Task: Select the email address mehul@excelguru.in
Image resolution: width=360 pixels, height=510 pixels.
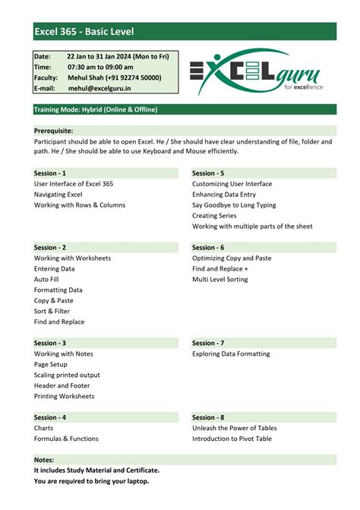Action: coord(100,88)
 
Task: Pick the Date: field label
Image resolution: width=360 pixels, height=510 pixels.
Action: coord(43,56)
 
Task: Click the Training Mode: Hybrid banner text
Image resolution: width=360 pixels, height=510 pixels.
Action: coord(96,110)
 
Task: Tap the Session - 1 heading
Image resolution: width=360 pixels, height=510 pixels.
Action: coord(50,173)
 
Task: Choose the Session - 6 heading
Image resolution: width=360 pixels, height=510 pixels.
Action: coord(208,248)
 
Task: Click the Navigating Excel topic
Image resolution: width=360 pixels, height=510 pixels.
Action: coord(58,195)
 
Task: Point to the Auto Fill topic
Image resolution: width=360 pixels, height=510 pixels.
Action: coord(46,280)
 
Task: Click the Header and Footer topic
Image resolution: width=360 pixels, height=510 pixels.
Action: coord(62,385)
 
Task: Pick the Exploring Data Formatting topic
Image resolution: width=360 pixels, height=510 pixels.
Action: coord(231,353)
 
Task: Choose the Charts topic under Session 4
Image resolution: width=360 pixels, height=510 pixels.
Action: coord(44,428)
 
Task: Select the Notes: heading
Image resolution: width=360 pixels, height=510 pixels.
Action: coord(43,460)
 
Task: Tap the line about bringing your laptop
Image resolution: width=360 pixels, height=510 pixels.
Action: coord(91,480)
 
